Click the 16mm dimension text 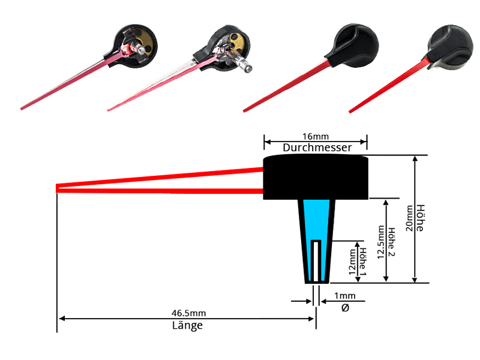point(316,136)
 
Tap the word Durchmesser point(316,148)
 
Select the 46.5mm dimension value point(188,313)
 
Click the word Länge point(187,326)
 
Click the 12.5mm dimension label point(380,242)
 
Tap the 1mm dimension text point(344,296)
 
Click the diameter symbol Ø point(344,308)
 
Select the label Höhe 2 point(392,242)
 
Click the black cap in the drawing point(316,177)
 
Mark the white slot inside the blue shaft point(317,260)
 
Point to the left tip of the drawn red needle point(58,188)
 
